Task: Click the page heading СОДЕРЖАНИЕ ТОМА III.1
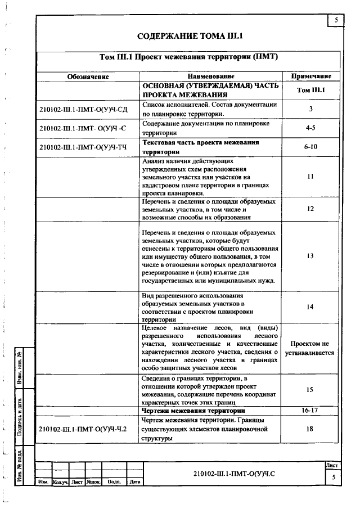190,37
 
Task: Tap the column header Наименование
211,76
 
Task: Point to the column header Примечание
310,76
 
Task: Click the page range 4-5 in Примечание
310,128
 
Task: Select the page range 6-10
310,147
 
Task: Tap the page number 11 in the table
310,177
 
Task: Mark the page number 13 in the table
310,256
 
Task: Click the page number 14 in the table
310,307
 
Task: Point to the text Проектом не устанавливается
310,348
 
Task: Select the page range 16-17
310,411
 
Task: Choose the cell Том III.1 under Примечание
310,90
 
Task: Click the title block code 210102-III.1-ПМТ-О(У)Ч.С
233,475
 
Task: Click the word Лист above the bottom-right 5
332,466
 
